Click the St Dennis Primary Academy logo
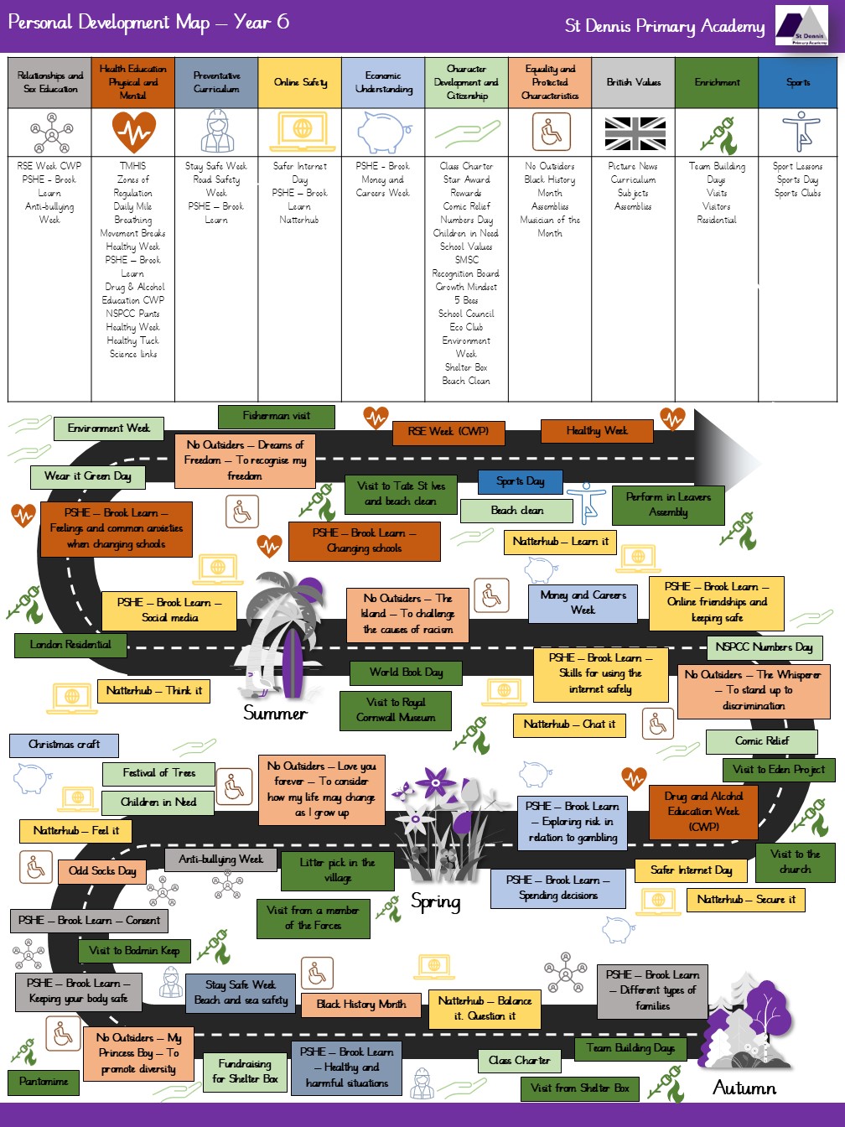point(801,26)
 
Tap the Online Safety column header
point(299,82)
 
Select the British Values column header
point(633,82)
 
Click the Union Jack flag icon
point(635,133)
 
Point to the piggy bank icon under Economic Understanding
point(384,132)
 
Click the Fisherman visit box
point(276,417)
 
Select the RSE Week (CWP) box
point(448,433)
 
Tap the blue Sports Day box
point(521,481)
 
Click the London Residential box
point(70,645)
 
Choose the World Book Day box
point(406,673)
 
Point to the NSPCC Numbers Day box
point(765,647)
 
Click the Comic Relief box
point(762,741)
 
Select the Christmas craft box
point(65,745)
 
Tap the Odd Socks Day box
point(102,871)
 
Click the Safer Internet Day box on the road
point(691,870)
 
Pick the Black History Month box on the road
point(361,1005)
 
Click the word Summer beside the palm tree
point(276,713)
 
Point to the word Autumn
point(744,1088)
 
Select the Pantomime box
point(44,1083)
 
